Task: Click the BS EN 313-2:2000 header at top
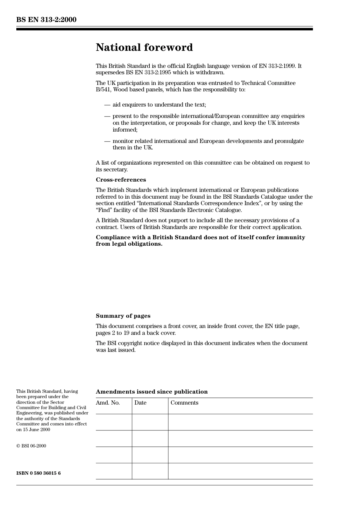click(46, 20)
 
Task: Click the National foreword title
click(144, 47)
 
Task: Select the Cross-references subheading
click(121, 180)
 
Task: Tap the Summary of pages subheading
click(123, 316)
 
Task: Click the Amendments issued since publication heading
click(152, 392)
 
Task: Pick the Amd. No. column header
click(108, 403)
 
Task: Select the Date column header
click(140, 403)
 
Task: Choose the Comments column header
click(184, 403)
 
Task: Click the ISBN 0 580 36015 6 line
click(38, 473)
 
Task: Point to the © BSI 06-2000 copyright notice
click(31, 446)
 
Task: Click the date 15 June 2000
click(36, 430)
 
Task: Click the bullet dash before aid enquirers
click(107, 105)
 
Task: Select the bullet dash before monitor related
click(107, 141)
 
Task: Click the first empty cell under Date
click(150, 422)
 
